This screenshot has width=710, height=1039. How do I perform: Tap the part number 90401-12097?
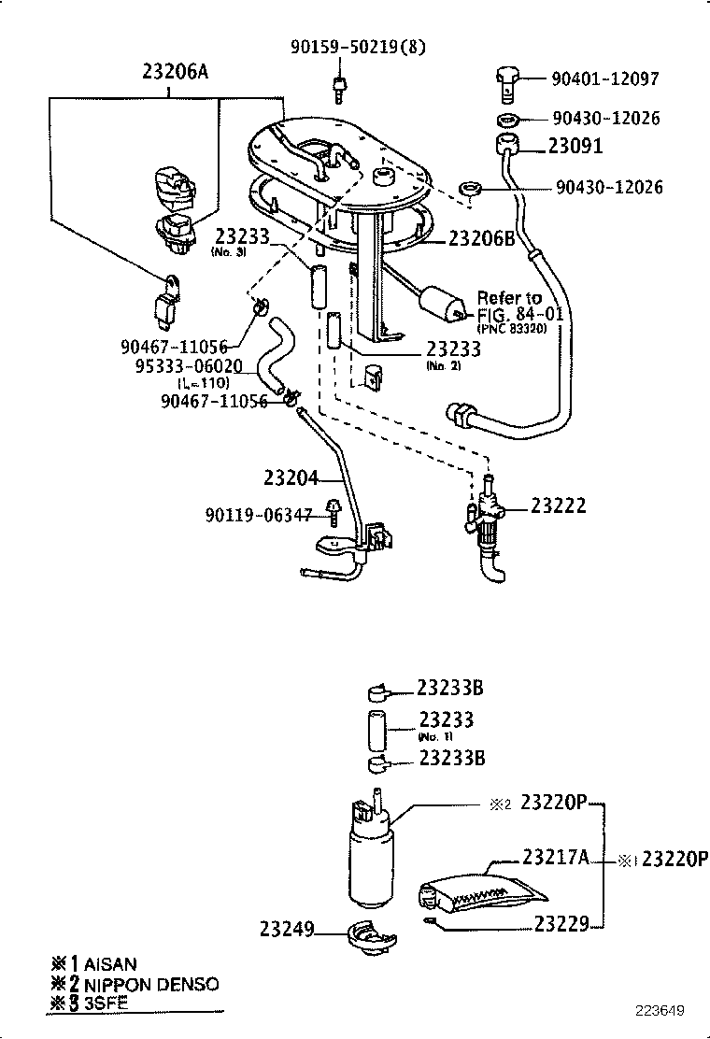(605, 81)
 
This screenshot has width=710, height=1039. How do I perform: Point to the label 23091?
(575, 147)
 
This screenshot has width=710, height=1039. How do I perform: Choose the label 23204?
(291, 477)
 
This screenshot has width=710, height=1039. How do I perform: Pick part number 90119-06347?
(259, 515)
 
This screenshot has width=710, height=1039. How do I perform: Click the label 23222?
(559, 505)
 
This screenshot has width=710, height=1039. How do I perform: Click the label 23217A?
(554, 856)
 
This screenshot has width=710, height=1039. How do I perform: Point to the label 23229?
(561, 924)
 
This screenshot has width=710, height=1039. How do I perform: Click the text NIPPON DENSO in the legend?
(151, 984)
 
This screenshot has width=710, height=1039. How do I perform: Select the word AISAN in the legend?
(110, 963)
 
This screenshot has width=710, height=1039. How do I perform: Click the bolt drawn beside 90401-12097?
(504, 84)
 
